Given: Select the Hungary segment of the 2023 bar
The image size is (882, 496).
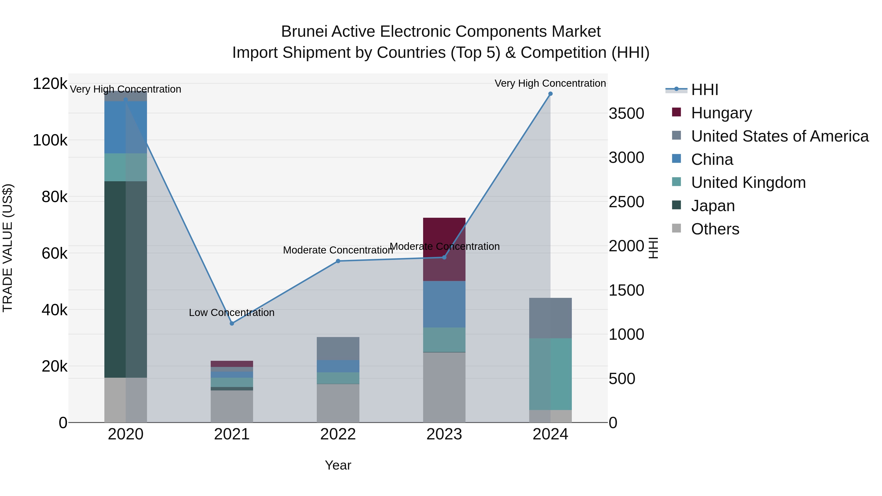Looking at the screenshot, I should [x=444, y=249].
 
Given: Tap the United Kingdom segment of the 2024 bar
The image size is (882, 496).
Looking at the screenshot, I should [x=550, y=374].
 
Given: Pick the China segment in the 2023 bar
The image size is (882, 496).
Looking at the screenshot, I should [x=444, y=304].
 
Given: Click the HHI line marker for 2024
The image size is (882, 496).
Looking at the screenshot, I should [x=550, y=94].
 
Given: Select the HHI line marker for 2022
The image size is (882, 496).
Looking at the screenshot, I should [x=338, y=261].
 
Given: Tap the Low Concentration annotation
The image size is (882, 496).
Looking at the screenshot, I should [x=232, y=313].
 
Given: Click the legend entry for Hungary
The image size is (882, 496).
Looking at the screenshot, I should [x=721, y=113].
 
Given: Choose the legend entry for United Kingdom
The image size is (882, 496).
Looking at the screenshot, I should [x=748, y=182].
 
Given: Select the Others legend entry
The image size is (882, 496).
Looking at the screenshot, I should [x=715, y=229].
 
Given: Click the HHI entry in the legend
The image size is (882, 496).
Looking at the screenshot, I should [x=704, y=90].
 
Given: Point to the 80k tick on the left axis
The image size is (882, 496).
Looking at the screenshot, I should [x=54, y=197].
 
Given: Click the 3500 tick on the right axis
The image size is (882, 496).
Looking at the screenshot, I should [x=626, y=113].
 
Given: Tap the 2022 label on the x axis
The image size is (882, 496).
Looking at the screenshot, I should [x=338, y=434].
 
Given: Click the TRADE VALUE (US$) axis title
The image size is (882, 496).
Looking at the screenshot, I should [x=8, y=248].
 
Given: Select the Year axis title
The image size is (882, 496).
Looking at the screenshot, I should [x=338, y=465].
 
